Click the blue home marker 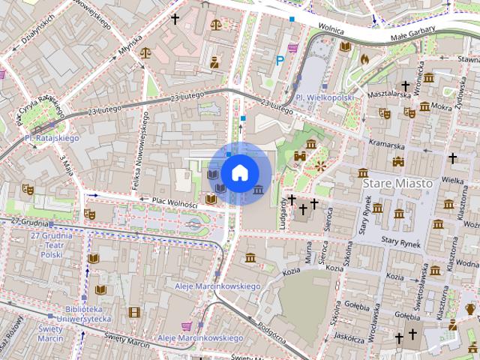coord(239,173)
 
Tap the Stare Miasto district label coord(397,183)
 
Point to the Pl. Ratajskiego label coord(52,138)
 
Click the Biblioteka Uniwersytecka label coord(83,314)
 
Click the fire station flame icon coord(365,58)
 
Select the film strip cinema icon coord(133,312)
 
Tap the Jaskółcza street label coord(349,337)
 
